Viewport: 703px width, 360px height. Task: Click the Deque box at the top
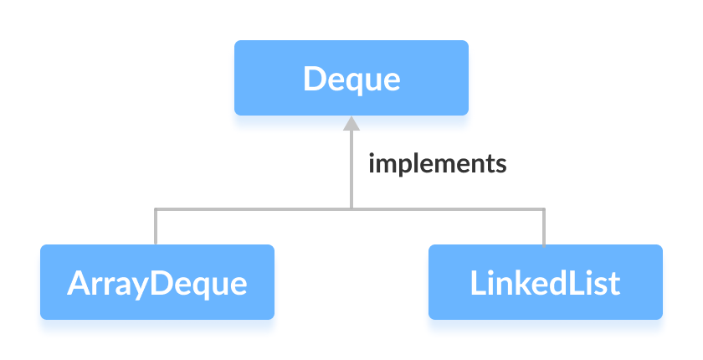pyautogui.click(x=351, y=79)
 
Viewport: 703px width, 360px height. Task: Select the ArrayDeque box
pyautogui.click(x=157, y=282)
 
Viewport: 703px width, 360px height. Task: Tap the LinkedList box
pyautogui.click(x=545, y=282)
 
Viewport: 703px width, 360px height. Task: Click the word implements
pyautogui.click(x=437, y=162)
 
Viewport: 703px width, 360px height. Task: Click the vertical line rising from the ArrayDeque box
pyautogui.click(x=157, y=226)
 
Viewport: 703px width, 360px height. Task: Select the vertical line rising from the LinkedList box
pyautogui.click(x=545, y=226)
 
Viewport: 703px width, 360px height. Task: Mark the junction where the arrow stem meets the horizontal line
pyautogui.click(x=351, y=208)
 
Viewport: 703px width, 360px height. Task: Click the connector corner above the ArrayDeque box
pyautogui.click(x=157, y=208)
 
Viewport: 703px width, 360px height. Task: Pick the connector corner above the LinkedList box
pyautogui.click(x=545, y=208)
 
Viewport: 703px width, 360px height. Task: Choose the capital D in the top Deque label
pyautogui.click(x=314, y=79)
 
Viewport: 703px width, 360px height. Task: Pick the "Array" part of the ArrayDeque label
pyautogui.click(x=110, y=283)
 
